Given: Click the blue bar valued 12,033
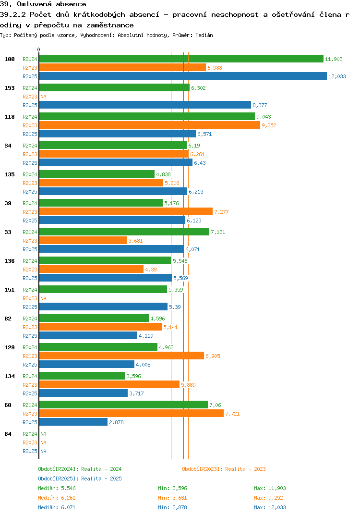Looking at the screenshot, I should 182,76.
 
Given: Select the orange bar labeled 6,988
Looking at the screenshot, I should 122,67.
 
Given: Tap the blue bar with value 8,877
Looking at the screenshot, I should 144,105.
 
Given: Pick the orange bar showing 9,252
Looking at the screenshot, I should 149,125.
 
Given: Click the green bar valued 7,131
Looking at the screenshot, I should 124,232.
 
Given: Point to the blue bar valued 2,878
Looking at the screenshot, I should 73,422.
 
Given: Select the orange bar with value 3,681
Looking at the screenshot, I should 83,240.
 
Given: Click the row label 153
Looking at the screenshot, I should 10,88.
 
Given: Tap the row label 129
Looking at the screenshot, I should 10,347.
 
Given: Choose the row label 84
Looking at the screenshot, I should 8,434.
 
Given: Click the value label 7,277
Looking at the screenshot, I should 222,212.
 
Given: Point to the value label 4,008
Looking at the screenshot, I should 144,365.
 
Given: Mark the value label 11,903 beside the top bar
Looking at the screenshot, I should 334,59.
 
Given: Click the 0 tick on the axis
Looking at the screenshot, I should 39,49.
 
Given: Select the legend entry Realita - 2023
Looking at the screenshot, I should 224,469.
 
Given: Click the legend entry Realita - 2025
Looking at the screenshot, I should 80,479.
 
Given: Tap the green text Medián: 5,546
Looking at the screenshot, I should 57,488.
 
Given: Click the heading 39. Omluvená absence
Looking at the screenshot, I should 43,4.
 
